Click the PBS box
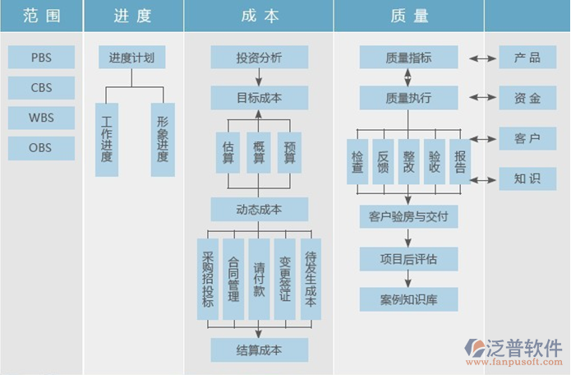[41, 58]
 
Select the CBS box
[41, 88]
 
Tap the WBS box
[41, 118]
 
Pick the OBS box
[41, 148]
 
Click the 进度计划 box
[131, 58]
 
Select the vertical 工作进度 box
[107, 139]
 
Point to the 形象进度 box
[163, 139]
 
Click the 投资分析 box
[259, 58]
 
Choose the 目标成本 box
[259, 99]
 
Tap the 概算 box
[259, 152]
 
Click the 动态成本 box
[259, 210]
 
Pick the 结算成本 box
[259, 350]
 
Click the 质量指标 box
[408, 58]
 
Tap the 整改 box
[408, 161]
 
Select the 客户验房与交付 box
[408, 217]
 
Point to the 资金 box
[527, 99]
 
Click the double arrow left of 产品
[479, 58]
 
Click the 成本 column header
[259, 16]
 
